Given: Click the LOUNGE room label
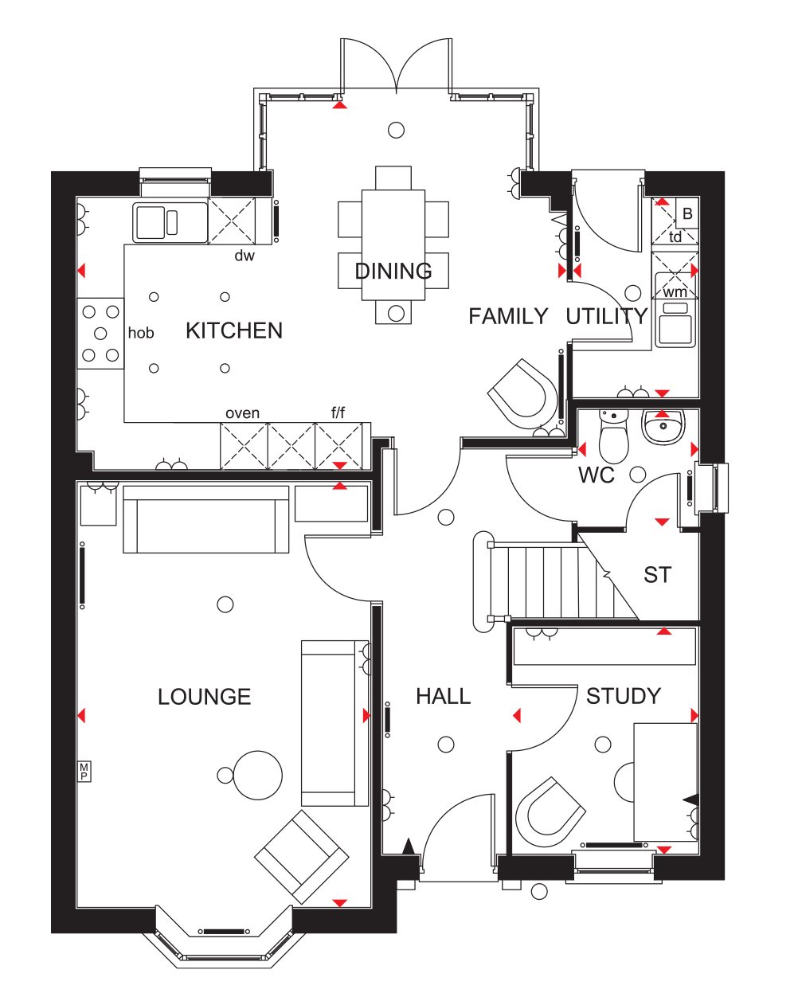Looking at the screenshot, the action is [204, 696].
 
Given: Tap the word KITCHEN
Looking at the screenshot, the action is [234, 330].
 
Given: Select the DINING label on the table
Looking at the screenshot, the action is [393, 271].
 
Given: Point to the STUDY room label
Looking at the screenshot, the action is [624, 696].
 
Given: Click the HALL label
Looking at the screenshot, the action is [443, 696].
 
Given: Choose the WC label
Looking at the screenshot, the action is [596, 475].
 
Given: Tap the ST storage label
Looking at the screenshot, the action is [657, 574].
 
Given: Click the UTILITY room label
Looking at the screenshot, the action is [607, 316].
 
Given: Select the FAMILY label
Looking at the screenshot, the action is [508, 316].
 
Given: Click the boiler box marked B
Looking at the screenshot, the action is [687, 213].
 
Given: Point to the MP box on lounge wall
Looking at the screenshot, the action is [84, 771].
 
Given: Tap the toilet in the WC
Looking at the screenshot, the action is [613, 436].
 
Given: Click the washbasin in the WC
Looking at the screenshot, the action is [663, 427].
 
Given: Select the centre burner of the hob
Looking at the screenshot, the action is [100, 333].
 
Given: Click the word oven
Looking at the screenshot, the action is [242, 413].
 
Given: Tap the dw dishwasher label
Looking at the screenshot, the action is [244, 256].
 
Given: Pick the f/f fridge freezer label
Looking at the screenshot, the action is [338, 412].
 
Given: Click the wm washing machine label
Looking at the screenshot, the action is [675, 292].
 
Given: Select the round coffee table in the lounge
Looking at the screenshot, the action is [258, 775].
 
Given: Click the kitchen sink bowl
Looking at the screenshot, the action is [151, 222].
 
